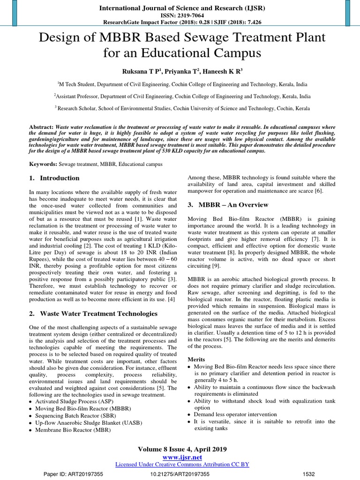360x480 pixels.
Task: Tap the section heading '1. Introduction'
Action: pyautogui.click(x=54, y=178)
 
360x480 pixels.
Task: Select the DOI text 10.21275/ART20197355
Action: pyautogui.click(x=180, y=474)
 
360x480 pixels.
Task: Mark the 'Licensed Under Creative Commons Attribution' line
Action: pyautogui.click(x=182, y=464)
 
